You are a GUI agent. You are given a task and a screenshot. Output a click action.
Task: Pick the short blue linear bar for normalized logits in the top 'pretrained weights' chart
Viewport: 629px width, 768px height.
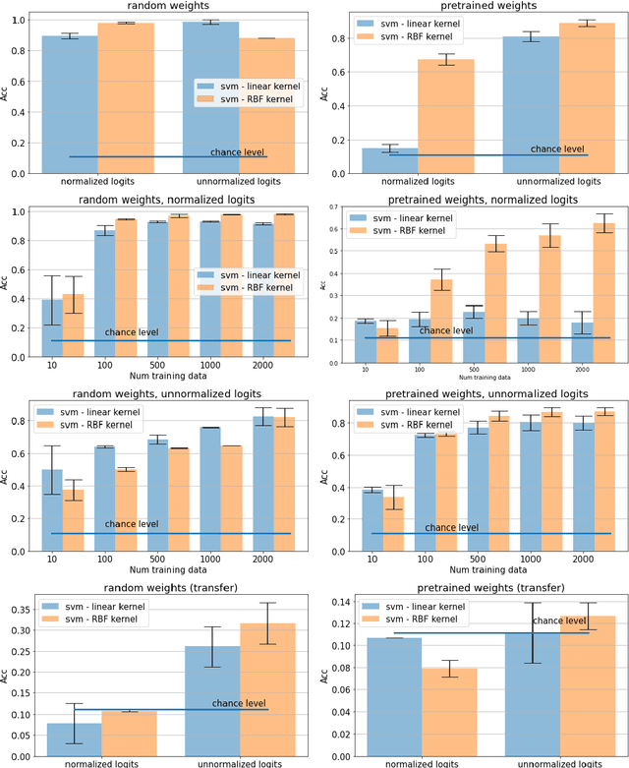390,161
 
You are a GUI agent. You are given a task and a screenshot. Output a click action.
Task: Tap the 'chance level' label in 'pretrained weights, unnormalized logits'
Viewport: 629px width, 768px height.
452,528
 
